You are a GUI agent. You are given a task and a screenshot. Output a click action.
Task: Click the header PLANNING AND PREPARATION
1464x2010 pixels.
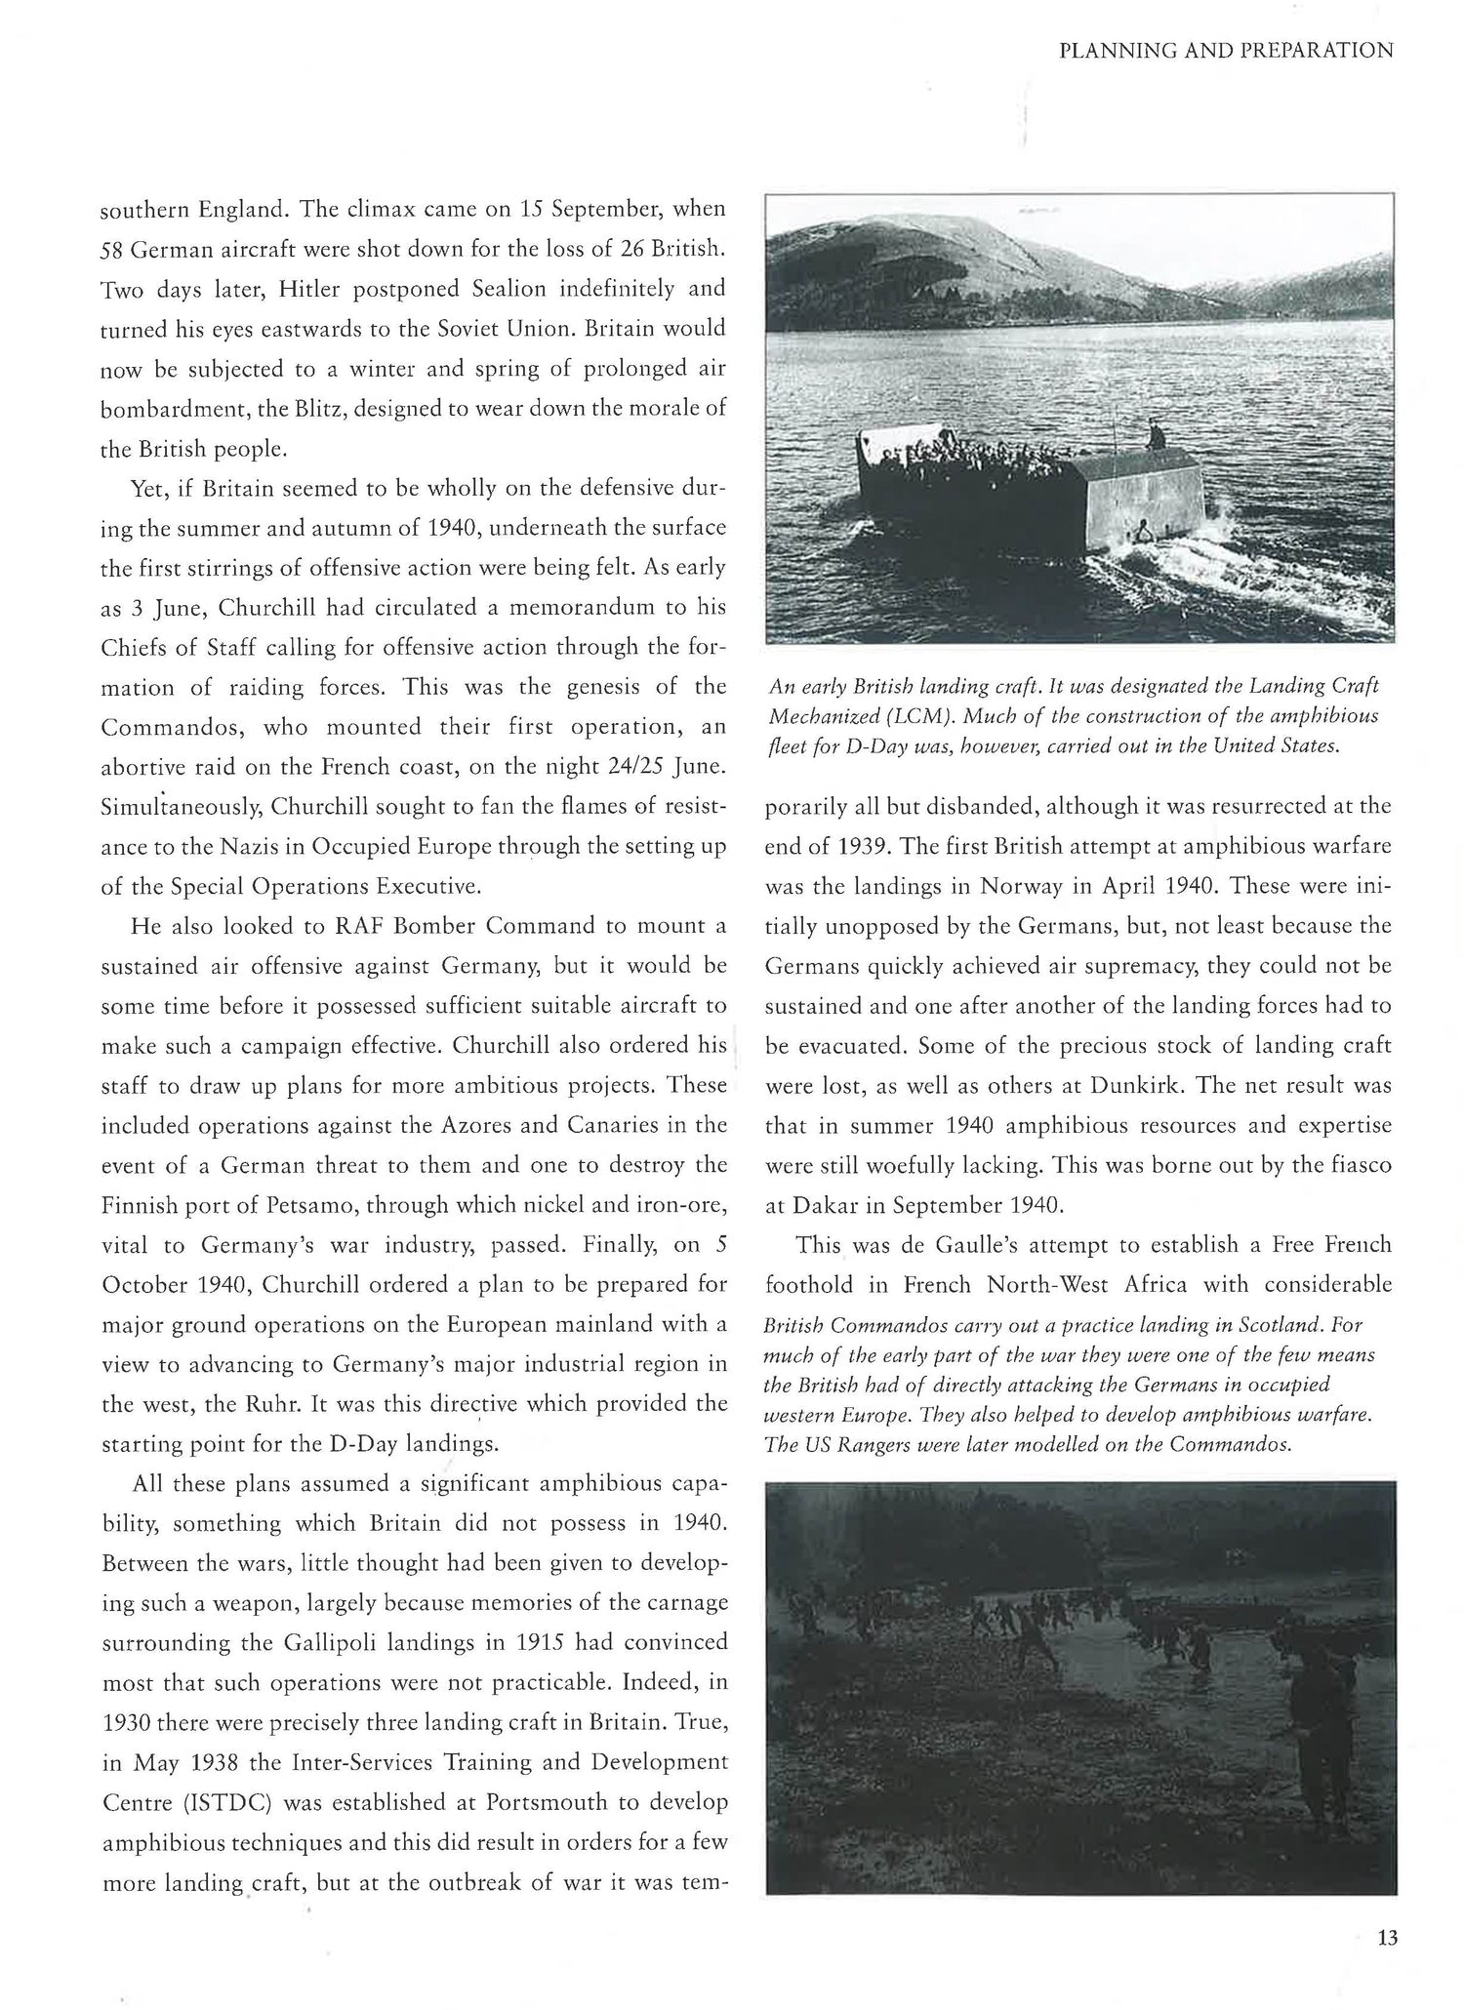1226,51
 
